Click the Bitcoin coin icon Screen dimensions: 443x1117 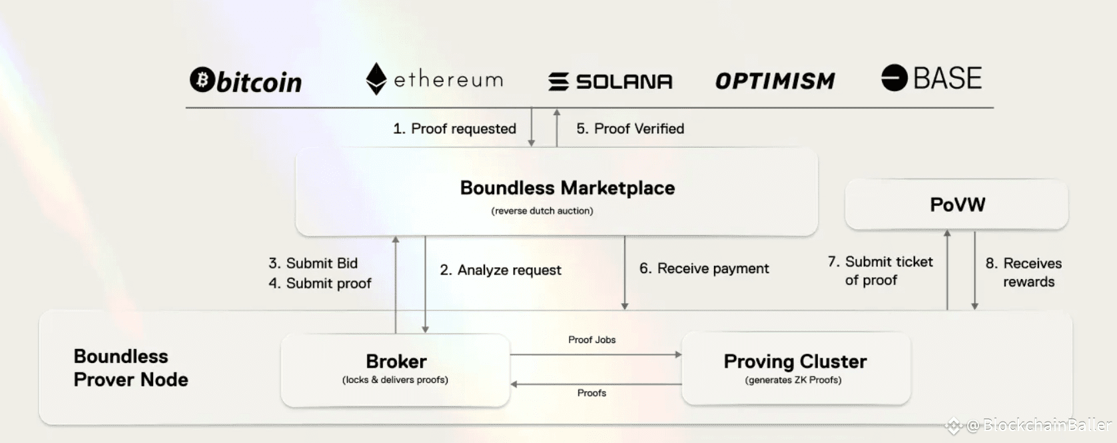[x=202, y=80]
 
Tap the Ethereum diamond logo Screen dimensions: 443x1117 [x=376, y=79]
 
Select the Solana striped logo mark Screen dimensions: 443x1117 [x=558, y=81]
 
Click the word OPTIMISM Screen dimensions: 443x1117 [x=775, y=81]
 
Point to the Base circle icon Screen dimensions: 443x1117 [x=894, y=78]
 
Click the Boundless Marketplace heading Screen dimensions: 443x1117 [x=567, y=188]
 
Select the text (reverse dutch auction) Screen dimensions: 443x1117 [x=542, y=211]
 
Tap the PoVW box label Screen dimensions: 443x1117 [x=957, y=205]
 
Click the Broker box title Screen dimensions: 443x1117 [x=396, y=361]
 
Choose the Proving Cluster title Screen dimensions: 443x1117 [x=795, y=361]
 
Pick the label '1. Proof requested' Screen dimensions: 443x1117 [x=454, y=129]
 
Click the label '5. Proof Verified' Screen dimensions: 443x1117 [x=630, y=129]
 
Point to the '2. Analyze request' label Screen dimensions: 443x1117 [x=500, y=270]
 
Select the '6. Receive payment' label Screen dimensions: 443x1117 [x=704, y=268]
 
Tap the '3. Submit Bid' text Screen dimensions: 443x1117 [x=313, y=263]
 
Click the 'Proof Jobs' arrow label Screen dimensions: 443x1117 [x=591, y=340]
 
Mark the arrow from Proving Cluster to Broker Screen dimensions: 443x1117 [x=595, y=384]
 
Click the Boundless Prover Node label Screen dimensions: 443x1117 [x=131, y=368]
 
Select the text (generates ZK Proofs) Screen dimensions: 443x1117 [x=793, y=380]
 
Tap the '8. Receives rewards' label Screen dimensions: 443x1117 [x=1024, y=272]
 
